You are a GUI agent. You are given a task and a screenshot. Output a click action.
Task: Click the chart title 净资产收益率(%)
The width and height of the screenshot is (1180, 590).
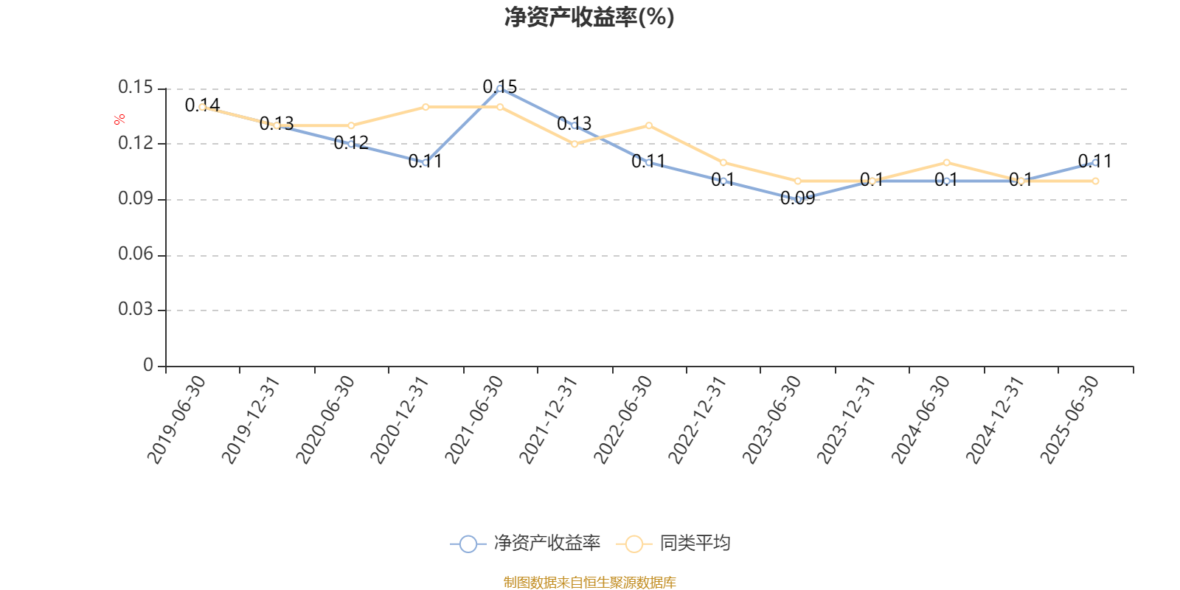tap(589, 17)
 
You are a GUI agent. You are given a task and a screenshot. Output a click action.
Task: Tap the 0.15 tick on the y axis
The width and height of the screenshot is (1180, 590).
tap(136, 88)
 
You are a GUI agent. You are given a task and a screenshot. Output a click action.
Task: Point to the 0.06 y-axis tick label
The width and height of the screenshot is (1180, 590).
tap(136, 254)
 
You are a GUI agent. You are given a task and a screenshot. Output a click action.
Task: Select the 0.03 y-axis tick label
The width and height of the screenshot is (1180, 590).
tap(136, 310)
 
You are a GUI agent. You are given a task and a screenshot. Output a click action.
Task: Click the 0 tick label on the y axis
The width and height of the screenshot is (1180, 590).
tap(148, 365)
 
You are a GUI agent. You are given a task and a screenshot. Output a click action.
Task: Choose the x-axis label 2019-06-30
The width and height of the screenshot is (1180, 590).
tap(176, 419)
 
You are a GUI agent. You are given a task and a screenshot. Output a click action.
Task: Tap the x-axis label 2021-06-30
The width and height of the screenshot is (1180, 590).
tap(474, 419)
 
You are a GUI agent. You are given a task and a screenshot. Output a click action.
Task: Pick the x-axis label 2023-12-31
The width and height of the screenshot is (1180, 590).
tap(846, 419)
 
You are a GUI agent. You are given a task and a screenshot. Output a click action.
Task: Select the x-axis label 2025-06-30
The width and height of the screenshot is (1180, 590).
tap(1069, 419)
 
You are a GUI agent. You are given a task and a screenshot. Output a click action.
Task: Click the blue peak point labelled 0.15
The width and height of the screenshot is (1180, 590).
tap(500, 88)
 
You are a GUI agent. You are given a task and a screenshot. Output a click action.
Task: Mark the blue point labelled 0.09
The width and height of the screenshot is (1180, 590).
tap(797, 199)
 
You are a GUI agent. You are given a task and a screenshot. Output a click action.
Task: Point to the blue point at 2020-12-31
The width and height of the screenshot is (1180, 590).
tap(426, 162)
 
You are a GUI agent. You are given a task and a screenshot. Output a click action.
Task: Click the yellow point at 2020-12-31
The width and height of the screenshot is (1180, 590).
tap(426, 107)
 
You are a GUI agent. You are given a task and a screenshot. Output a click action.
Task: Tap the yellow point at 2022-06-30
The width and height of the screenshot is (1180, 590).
tap(649, 125)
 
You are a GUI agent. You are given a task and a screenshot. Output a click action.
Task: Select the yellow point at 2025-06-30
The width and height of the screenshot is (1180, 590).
tap(1095, 181)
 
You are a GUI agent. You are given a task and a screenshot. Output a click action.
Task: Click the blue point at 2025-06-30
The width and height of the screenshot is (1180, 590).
tap(1095, 162)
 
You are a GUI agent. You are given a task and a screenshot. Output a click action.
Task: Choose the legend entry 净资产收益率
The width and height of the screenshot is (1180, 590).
tap(526, 544)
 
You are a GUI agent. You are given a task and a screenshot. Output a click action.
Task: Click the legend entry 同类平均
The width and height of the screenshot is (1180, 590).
tap(677, 544)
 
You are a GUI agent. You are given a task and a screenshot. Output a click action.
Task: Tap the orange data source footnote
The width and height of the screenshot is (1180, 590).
tap(589, 583)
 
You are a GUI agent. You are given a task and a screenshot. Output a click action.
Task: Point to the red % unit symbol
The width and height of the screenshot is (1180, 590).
tap(119, 119)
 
